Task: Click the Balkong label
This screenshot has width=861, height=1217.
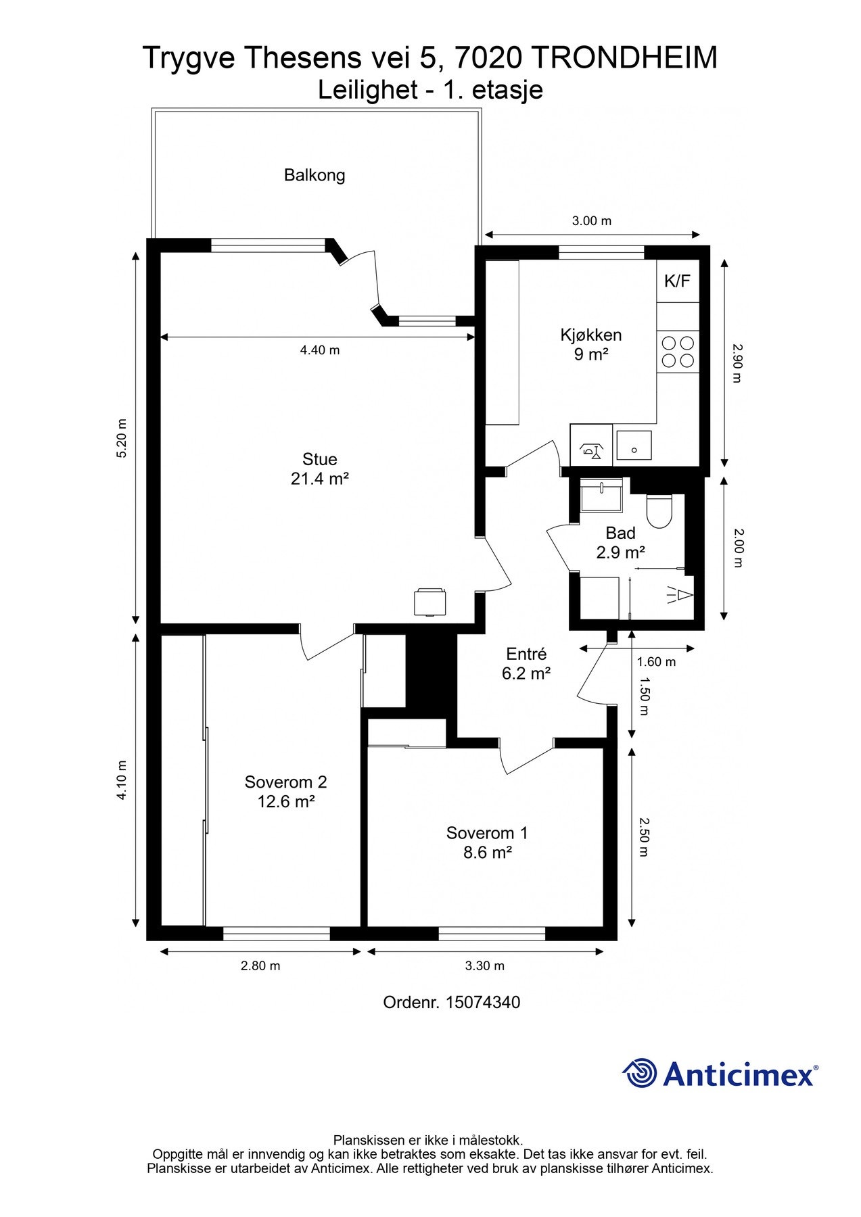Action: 315,175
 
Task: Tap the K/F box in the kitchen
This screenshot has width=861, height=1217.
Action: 678,281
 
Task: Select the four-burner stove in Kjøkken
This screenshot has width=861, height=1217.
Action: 678,352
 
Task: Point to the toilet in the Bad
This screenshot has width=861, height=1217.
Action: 659,511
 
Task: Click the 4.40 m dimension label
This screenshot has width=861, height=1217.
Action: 320,350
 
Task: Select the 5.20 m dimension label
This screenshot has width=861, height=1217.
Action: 122,439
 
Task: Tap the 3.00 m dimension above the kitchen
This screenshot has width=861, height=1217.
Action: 592,221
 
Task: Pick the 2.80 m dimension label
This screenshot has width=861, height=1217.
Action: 260,965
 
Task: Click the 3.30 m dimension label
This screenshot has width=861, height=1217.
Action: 485,965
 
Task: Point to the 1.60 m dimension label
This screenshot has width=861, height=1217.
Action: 656,662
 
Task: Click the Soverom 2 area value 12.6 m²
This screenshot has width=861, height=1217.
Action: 286,802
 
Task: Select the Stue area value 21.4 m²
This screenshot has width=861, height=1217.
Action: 320,479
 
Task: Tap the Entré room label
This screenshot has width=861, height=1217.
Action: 526,654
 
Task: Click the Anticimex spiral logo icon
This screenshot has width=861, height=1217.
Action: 640,1073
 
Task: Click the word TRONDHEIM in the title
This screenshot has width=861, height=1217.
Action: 624,58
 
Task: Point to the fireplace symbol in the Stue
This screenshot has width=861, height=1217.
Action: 430,602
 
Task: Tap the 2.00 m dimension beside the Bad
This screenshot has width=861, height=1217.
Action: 738,548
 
